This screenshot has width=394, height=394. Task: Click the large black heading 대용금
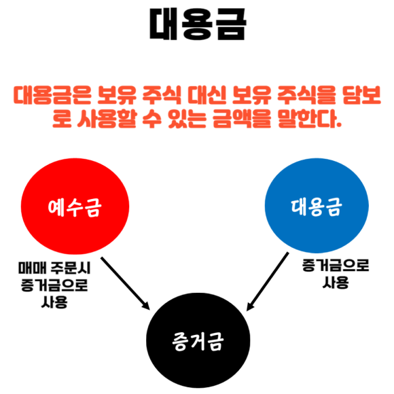tap(198, 24)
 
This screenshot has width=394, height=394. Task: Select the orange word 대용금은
tap(52, 95)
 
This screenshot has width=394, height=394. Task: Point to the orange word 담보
tap(361, 95)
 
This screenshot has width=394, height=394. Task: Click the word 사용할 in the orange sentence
tap(107, 118)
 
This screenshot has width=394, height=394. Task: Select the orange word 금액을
tap(242, 118)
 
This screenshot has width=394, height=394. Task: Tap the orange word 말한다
tap(310, 118)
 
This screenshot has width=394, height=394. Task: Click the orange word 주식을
tap(306, 95)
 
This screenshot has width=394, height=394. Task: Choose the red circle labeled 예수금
tap(75, 207)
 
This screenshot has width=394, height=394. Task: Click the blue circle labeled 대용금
tap(317, 206)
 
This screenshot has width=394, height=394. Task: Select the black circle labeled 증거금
tap(198, 340)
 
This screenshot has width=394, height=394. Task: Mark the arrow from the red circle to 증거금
tap(125, 283)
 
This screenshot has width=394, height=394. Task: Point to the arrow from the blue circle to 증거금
tap(268, 281)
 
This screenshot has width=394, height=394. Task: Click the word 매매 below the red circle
tap(33, 268)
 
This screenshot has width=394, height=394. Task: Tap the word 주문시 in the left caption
tap(71, 268)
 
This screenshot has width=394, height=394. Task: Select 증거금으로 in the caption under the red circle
tap(54, 285)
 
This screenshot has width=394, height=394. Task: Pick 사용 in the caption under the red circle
tap(54, 302)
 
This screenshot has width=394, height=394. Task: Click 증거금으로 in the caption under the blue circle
tap(336, 266)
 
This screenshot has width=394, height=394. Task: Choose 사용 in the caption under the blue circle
tap(336, 283)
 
